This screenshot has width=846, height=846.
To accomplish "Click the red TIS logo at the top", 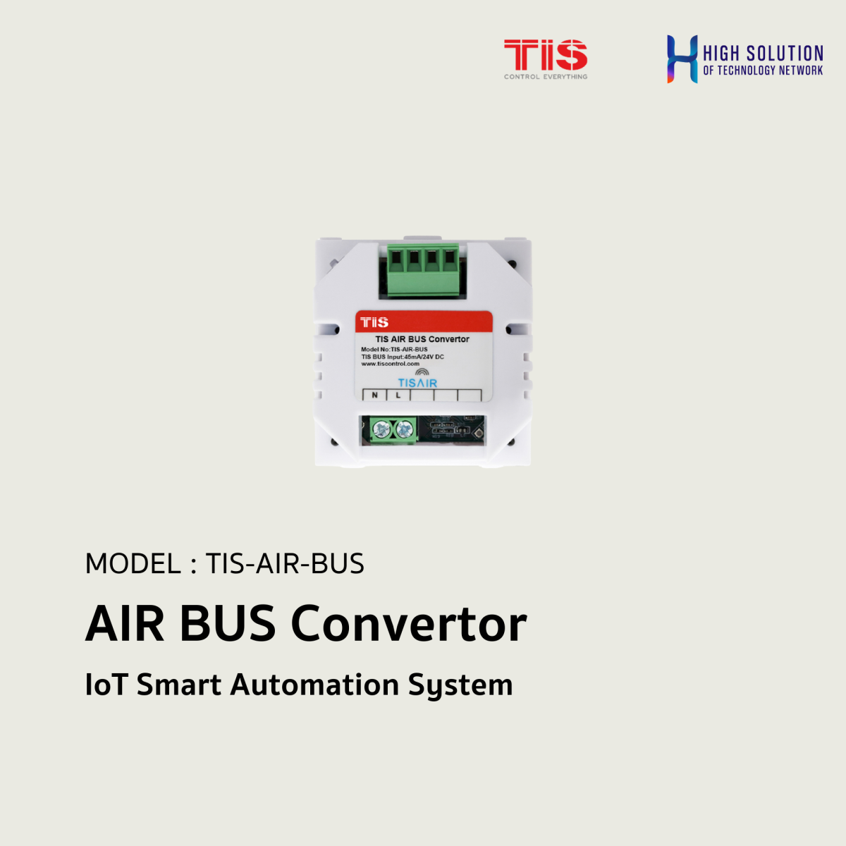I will point(545,54).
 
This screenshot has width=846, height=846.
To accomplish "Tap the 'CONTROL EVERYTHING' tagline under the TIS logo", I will point(545,77).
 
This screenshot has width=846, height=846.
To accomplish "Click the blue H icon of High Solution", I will point(682,59).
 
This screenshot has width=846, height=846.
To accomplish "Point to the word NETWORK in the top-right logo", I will point(800,70).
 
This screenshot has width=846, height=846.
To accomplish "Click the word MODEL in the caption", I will point(133,564).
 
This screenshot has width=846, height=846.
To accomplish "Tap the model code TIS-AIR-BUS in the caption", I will point(285,564).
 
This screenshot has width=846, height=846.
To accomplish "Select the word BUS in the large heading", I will point(227,624).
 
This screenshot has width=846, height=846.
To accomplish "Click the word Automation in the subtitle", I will point(315,685).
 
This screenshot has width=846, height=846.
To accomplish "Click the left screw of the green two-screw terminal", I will point(382,429).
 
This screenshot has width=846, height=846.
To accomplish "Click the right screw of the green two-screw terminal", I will point(404,429).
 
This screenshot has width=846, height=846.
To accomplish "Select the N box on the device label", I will point(374,396).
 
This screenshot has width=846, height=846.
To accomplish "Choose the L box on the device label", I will point(398,396).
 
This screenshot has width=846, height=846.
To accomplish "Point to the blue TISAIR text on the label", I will point(417,383).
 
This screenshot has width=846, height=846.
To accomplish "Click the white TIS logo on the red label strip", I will point(374,322).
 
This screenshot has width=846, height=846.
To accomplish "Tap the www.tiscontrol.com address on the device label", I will point(390,364).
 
